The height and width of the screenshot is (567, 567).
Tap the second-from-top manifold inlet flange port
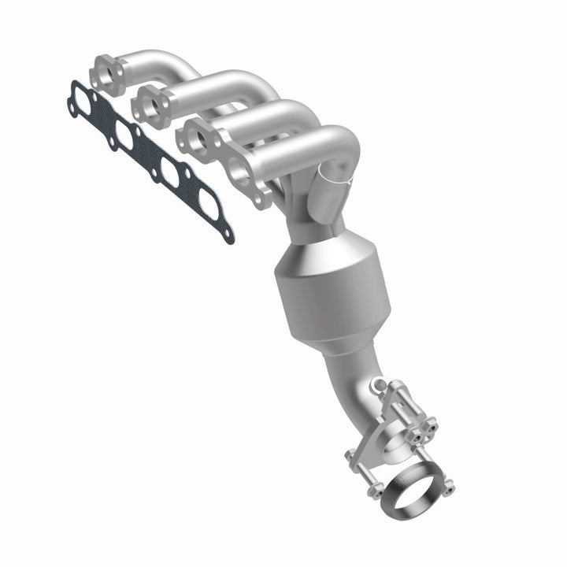pos(150,103)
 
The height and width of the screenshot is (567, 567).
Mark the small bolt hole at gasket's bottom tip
pos(228,234)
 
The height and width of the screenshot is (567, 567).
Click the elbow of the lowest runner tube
pos(335,146)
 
